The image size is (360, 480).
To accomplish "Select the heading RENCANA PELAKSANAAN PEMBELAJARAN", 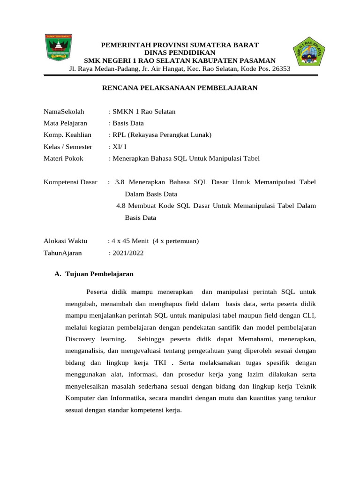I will pyautogui.click(x=180, y=87).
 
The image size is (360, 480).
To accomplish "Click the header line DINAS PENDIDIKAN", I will pyautogui.click(x=180, y=52).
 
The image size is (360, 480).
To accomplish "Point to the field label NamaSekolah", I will pyautogui.click(x=64, y=111).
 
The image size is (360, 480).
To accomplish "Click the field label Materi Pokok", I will pyautogui.click(x=63, y=158).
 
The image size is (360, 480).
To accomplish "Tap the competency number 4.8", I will pyautogui.click(x=121, y=205).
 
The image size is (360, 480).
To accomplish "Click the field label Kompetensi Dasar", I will pyautogui.click(x=70, y=182).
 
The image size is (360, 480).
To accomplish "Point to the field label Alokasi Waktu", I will pyautogui.click(x=65, y=241).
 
